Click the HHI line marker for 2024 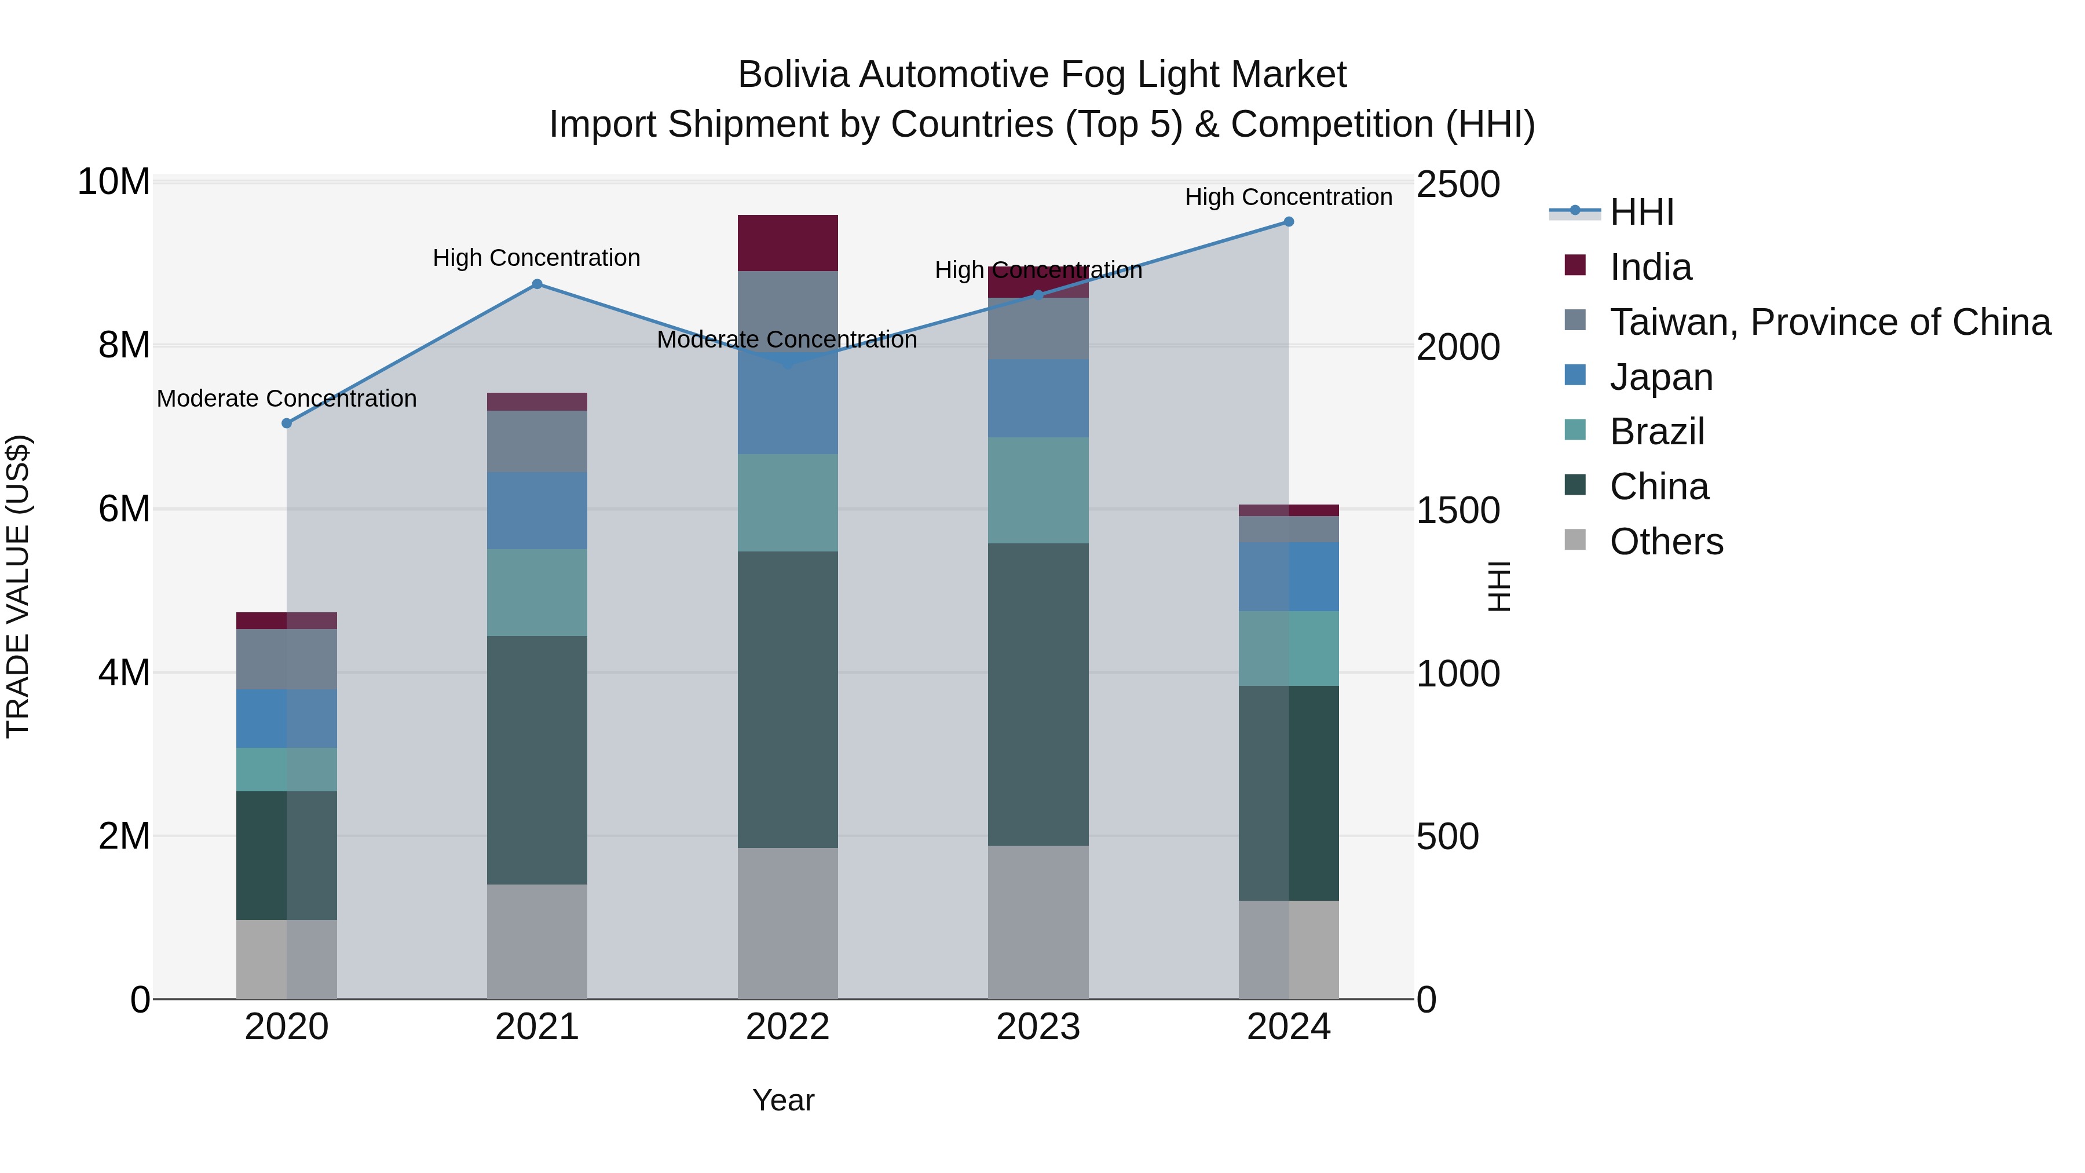(x=1289, y=222)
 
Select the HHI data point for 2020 (x=287, y=423)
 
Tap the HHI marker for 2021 (x=537, y=284)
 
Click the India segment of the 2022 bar (x=788, y=243)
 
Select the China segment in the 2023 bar (x=1038, y=694)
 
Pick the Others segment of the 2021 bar (x=537, y=941)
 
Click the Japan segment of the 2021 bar (x=537, y=511)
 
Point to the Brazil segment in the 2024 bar (x=1289, y=648)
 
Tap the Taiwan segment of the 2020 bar (x=287, y=659)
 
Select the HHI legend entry (x=1641, y=212)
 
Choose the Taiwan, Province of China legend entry (x=1829, y=322)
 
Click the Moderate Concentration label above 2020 (x=287, y=399)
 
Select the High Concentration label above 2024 (x=1289, y=197)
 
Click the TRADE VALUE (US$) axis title (x=18, y=586)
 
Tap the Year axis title (x=782, y=1100)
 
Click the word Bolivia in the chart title (x=793, y=75)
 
